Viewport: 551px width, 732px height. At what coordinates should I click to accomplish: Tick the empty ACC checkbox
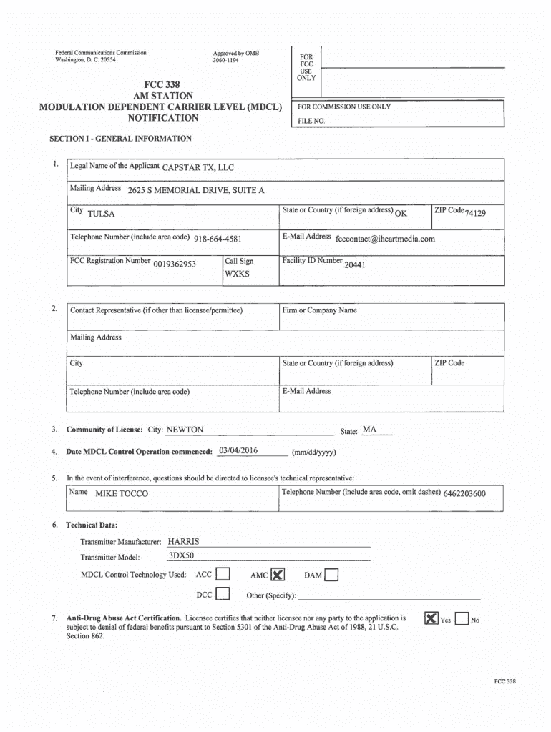[x=223, y=574]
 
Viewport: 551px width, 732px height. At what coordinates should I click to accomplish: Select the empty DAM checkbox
[x=331, y=575]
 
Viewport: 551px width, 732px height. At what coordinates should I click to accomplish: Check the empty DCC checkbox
[x=223, y=594]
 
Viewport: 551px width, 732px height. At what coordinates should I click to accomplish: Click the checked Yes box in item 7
[x=431, y=619]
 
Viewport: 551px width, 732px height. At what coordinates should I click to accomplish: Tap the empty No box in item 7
[x=462, y=619]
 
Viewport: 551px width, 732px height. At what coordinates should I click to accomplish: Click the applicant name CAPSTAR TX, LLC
[x=198, y=168]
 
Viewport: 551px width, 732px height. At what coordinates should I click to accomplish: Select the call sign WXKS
[x=237, y=274]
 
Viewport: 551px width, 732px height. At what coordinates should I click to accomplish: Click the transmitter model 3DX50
[x=181, y=555]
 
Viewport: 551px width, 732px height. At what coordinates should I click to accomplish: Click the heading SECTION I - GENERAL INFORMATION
[x=120, y=138]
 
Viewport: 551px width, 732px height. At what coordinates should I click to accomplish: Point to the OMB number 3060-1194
[x=226, y=60]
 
